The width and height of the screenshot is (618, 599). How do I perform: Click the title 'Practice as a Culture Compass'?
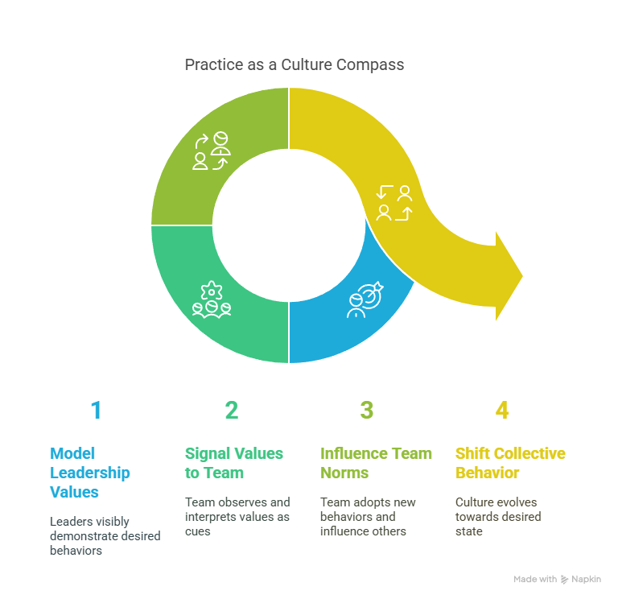tap(295, 65)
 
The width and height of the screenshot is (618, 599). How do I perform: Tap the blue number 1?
tap(97, 410)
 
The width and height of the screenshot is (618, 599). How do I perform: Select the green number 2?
tap(232, 410)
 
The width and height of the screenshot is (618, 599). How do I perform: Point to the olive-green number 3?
tap(367, 410)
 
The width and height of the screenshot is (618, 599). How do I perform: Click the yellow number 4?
tap(502, 410)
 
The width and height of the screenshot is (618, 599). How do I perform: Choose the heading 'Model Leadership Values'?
tap(90, 473)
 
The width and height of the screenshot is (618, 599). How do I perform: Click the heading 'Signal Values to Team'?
tap(234, 463)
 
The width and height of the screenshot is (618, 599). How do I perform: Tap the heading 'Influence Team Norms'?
tap(376, 463)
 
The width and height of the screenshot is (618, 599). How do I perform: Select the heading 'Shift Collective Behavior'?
tap(510, 463)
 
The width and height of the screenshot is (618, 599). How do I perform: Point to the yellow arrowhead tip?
tap(522, 276)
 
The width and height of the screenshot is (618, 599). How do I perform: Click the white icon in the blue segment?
tap(365, 299)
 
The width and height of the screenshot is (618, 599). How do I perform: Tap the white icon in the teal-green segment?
tap(212, 299)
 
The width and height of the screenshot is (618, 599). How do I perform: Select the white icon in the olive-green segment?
tap(212, 151)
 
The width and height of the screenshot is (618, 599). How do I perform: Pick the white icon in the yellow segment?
tap(394, 203)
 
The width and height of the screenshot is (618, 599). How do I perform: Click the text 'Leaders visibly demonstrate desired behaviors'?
tap(105, 536)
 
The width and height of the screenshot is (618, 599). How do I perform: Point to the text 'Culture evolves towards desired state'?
tap(498, 517)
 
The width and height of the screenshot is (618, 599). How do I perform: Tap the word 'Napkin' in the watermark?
tap(586, 580)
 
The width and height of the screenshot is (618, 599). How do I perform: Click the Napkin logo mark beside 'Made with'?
tap(564, 580)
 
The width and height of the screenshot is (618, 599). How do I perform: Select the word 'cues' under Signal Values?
tap(197, 531)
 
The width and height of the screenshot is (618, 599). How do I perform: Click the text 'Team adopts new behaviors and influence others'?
tap(368, 517)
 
